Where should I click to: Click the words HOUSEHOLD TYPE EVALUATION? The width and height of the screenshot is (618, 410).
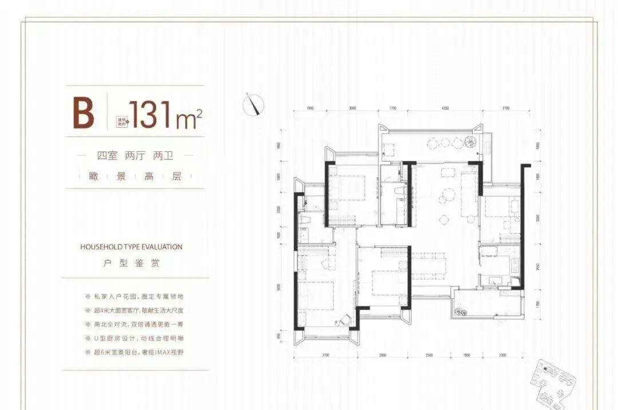pos(131,247)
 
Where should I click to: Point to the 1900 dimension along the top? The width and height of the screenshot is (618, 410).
pos(310,108)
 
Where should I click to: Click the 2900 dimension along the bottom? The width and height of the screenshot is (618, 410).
pos(382,356)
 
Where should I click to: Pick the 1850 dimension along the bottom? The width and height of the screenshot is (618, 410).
pos(466,356)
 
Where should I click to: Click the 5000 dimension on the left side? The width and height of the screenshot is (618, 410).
pos(279,288)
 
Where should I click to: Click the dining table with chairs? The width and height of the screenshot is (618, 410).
pos(430,265)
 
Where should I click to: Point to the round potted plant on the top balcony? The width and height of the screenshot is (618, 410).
pos(470,141)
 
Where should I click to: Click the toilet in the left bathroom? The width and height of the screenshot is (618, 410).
pos(304,219)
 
